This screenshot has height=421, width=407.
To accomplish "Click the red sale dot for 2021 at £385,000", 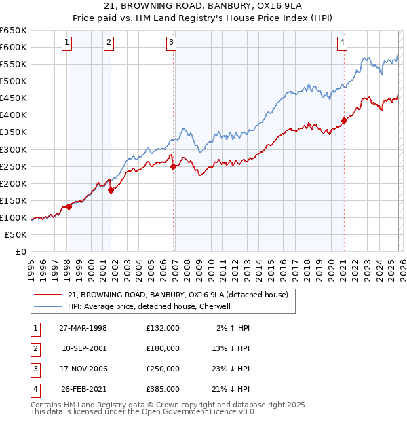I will click(344, 120).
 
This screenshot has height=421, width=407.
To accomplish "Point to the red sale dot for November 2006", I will click(174, 166).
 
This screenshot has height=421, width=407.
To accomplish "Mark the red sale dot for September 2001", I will click(111, 190).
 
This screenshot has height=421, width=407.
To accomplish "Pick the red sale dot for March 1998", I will click(69, 206).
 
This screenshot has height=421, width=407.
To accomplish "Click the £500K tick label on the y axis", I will click(14, 81).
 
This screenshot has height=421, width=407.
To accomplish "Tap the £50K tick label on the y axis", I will click(17, 234).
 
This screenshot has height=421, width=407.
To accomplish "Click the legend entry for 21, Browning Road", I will click(178, 295).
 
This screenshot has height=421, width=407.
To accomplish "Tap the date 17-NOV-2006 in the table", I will click(84, 369).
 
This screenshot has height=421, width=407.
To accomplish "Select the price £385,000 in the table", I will click(163, 389).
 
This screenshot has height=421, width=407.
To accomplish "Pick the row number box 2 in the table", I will click(34, 348).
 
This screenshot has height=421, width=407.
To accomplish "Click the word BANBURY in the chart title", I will click(219, 7).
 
